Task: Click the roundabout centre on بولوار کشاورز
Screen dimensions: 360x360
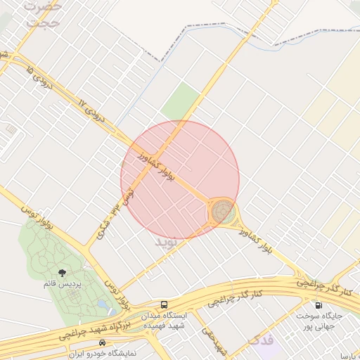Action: (223, 210)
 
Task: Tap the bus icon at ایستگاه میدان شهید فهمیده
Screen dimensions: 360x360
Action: (164, 304)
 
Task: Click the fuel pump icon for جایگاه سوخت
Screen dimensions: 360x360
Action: (319, 305)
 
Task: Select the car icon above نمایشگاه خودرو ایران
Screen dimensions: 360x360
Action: (103, 342)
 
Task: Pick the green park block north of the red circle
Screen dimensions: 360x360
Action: (181, 101)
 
